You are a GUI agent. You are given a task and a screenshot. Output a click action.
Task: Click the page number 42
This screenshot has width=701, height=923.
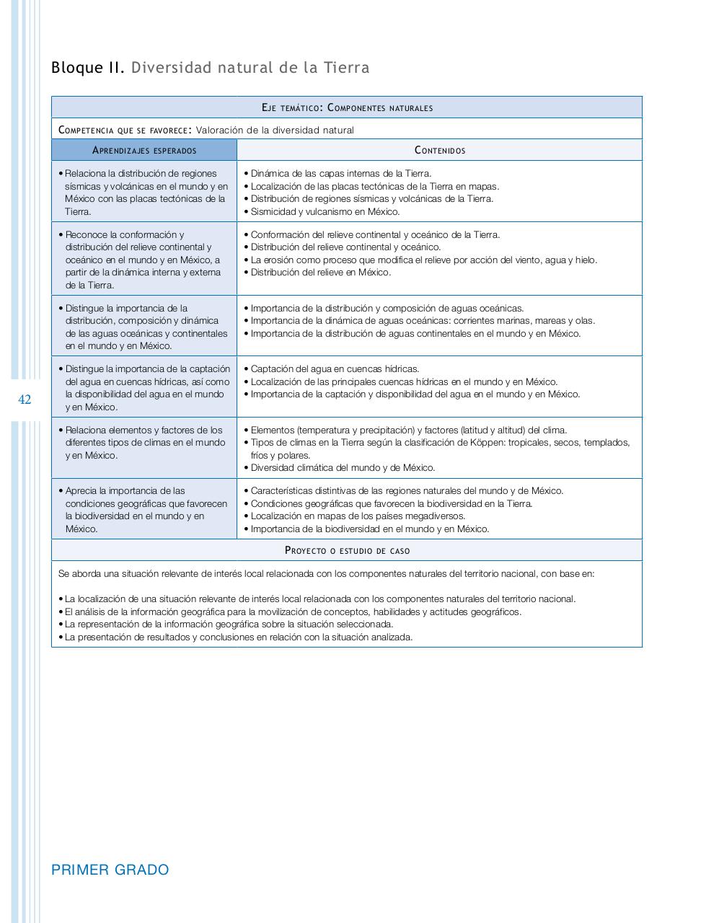[25, 399]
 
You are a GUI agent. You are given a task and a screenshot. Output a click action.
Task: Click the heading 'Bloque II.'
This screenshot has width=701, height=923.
[87, 68]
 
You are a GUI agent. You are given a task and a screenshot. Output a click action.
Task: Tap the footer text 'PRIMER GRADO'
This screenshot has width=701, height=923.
[110, 870]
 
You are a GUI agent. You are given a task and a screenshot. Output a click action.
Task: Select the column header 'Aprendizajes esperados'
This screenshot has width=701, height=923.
[144, 151]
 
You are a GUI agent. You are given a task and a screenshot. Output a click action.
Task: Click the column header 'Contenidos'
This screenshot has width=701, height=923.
[439, 151]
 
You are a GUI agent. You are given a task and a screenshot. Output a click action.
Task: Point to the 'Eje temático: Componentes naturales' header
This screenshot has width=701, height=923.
[347, 108]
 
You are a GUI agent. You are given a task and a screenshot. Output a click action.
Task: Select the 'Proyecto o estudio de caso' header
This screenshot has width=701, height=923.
[347, 551]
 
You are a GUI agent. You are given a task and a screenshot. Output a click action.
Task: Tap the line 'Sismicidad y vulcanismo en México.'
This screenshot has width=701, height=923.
[325, 212]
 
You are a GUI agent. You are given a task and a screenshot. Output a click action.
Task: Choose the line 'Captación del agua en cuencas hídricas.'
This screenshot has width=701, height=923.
[335, 369]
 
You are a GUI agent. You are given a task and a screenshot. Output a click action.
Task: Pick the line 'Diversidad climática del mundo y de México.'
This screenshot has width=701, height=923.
[343, 468]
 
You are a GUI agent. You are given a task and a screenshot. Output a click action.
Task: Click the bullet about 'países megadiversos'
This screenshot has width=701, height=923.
[358, 516]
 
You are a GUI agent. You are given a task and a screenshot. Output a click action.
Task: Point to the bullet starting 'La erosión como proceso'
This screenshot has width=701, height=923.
[423, 260]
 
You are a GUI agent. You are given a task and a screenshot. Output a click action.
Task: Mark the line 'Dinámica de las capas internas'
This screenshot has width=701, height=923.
[340, 174]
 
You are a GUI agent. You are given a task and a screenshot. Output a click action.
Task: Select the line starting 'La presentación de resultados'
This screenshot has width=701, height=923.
[238, 637]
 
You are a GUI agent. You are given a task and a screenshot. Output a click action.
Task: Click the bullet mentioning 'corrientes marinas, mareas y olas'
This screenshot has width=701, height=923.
[423, 321]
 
